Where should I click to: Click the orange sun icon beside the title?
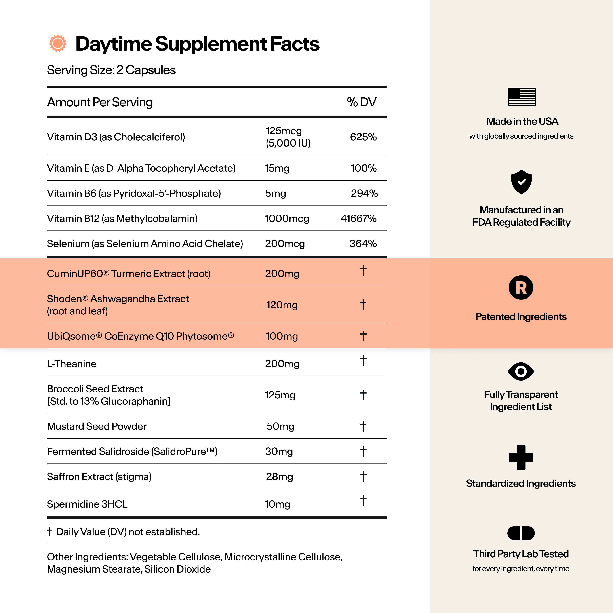[x=58, y=43]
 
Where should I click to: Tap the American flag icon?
[x=521, y=97]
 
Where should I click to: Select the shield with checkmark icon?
[x=521, y=182]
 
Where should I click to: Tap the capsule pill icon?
[x=521, y=533]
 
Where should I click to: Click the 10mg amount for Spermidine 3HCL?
[x=278, y=504]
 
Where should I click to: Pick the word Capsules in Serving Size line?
[x=150, y=70]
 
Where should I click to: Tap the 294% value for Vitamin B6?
[x=364, y=193]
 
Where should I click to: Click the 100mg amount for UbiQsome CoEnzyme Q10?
[x=282, y=336]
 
